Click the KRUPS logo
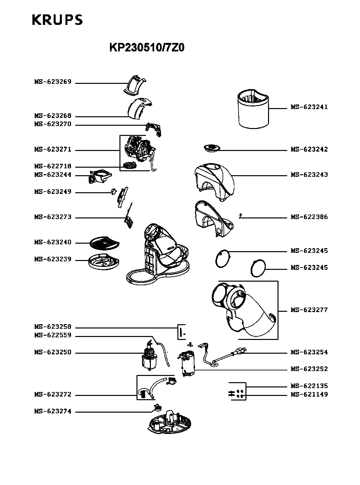click(57, 20)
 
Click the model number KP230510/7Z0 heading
click(147, 47)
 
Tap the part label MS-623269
click(53, 82)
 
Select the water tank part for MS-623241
click(253, 109)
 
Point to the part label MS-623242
click(309, 149)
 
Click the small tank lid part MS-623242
click(212, 148)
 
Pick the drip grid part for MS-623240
click(104, 243)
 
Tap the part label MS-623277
click(309, 310)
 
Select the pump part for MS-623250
click(150, 356)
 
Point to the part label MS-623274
click(53, 411)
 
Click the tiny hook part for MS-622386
click(241, 215)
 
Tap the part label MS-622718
click(53, 166)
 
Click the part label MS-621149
click(309, 395)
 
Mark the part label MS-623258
click(53, 327)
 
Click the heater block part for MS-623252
click(187, 364)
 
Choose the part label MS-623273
click(53, 217)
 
